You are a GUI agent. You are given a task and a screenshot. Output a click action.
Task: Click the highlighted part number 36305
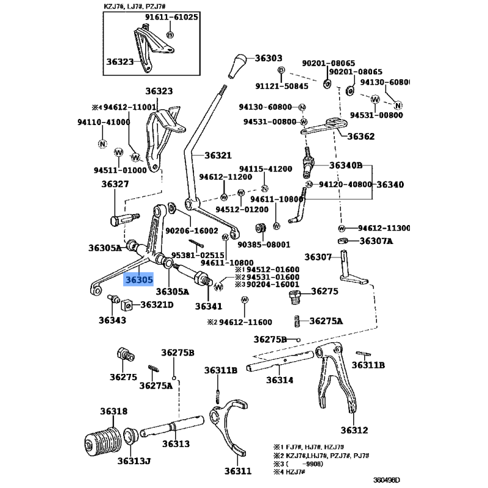[x=139, y=279]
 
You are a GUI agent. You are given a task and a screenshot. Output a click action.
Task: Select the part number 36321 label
[x=218, y=155]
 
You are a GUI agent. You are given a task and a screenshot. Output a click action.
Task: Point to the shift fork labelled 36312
[x=337, y=377]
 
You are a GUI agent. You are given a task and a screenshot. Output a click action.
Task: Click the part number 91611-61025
[x=171, y=17]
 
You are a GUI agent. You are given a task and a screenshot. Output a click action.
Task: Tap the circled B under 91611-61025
[x=170, y=35]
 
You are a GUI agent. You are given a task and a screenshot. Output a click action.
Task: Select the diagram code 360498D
[x=387, y=479]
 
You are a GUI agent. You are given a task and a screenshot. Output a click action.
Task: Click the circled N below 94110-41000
[x=102, y=144]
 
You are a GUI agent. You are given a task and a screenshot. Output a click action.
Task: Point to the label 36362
[x=361, y=136]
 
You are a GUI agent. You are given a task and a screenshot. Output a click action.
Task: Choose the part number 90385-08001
[x=264, y=245]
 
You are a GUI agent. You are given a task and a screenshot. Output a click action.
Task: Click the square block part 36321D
[x=127, y=306]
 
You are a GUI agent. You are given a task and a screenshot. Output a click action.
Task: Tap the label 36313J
[x=134, y=461]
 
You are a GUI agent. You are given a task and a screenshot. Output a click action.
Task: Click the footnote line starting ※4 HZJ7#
[x=289, y=472]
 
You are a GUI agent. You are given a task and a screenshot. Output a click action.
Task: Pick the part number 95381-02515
[x=198, y=255]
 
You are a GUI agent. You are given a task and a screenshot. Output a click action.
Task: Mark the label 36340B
[x=346, y=165]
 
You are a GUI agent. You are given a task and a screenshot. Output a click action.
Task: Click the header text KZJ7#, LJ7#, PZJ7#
[x=134, y=6]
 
